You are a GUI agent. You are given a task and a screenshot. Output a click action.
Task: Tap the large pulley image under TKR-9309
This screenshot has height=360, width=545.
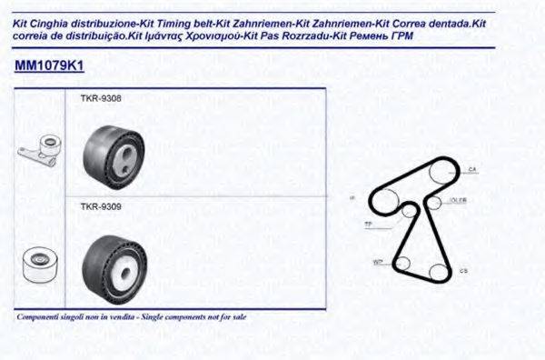(x=111, y=264)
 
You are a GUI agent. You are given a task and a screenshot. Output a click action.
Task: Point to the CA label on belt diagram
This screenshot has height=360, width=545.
(x=472, y=170)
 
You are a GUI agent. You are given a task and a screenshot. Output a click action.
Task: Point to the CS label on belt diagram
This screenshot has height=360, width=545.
(x=464, y=270)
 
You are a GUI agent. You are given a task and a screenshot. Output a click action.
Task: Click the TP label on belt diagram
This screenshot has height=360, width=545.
(x=367, y=223)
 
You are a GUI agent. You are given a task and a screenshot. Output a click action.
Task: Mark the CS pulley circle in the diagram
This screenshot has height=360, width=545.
(x=438, y=270)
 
